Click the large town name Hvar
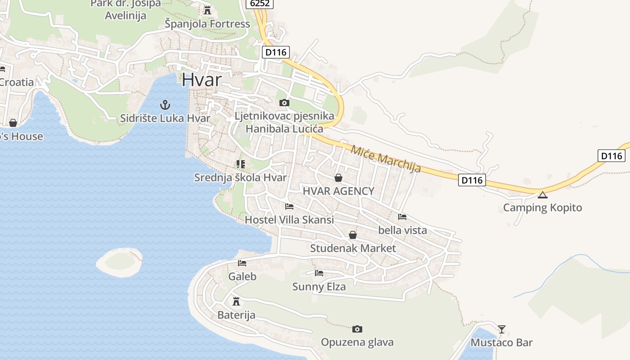202,80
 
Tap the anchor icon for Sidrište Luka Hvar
165,105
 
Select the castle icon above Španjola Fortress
207,10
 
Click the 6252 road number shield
260,3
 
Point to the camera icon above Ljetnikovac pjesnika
284,103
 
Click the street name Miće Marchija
386,159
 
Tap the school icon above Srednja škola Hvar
240,164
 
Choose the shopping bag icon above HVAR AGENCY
338,178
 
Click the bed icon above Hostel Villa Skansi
289,207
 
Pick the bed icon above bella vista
402,217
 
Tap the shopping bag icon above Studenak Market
353,235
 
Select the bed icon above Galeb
242,263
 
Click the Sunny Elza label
319,287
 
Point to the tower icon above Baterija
236,301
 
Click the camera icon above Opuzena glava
357,329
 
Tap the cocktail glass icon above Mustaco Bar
502,329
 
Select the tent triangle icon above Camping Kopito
543,195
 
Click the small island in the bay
120,262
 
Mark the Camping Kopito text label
542,207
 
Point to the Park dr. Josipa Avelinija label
126,9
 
